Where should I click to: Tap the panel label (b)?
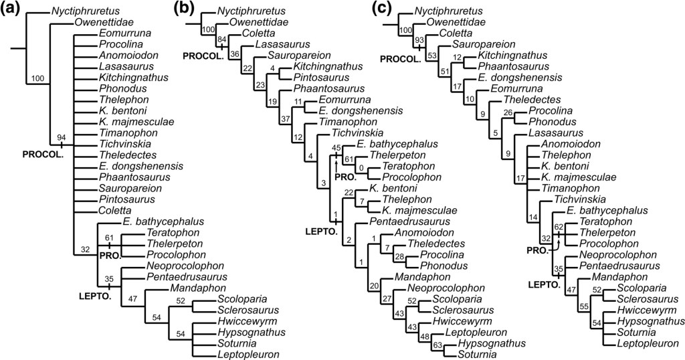point(185,9)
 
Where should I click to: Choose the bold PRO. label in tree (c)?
point(535,250)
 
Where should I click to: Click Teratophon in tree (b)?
point(407,167)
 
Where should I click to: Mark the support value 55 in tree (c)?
point(584,305)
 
